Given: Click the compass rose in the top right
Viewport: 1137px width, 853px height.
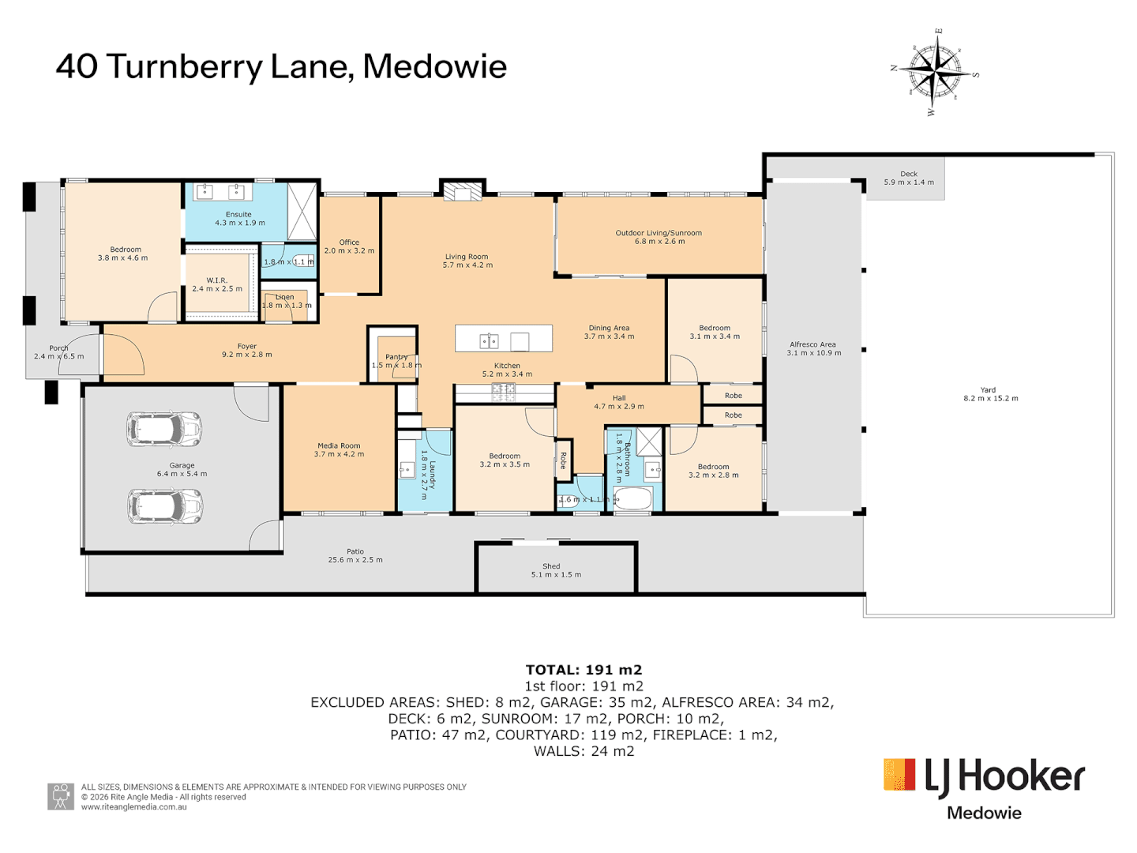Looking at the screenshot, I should tap(936, 72).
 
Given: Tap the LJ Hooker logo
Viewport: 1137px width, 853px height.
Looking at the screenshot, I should tap(984, 778).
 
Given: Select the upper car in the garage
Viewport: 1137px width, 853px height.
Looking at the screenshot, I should tap(164, 429).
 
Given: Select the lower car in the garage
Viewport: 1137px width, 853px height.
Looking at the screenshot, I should tap(165, 506).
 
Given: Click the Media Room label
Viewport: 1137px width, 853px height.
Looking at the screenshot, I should tap(339, 445).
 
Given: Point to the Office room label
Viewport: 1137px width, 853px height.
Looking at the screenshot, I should tap(349, 242).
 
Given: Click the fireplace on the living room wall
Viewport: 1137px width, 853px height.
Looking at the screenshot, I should tap(462, 192).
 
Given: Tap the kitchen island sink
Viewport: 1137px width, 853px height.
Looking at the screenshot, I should tap(490, 340).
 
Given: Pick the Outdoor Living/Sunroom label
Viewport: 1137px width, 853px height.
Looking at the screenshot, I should tap(659, 233).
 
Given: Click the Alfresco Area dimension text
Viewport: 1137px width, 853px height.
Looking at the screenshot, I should tap(813, 353).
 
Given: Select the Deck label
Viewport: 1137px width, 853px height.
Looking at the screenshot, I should tap(909, 174).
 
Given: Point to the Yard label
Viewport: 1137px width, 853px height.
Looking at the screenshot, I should tap(988, 389).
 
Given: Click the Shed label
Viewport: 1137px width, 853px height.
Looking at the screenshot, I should tap(551, 566).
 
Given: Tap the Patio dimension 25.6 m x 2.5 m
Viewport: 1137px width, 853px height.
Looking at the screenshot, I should tap(355, 560).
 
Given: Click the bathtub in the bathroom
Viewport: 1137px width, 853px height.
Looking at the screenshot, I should tap(633, 499).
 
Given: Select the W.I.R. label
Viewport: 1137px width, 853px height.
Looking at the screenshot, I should tap(217, 280).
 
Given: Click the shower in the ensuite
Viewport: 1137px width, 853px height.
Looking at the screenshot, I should tap(302, 211).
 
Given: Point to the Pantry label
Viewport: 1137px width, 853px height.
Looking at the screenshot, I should tap(396, 357).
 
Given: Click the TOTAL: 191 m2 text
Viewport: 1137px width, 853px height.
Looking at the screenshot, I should tap(584, 670).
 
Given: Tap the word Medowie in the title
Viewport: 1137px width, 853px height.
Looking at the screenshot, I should tap(434, 66).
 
